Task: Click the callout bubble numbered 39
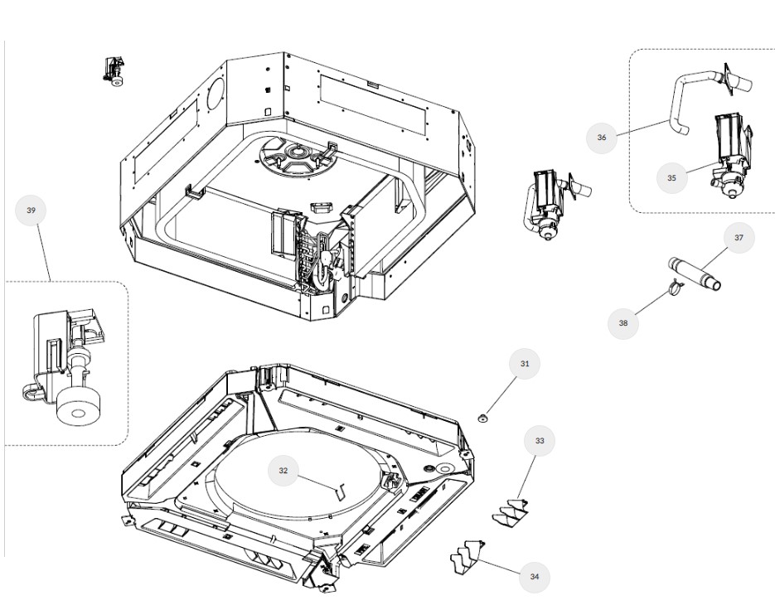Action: [x=31, y=211]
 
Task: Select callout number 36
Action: [x=602, y=137]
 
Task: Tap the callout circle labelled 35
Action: [x=671, y=177]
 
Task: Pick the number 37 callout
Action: [x=739, y=238]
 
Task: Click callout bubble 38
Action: [x=623, y=323]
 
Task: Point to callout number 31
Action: [x=525, y=364]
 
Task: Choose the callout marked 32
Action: [x=283, y=470]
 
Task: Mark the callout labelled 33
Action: [x=540, y=441]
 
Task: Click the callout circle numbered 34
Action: [x=535, y=576]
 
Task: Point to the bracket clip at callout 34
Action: [x=466, y=555]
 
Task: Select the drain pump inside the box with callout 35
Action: [x=730, y=157]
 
